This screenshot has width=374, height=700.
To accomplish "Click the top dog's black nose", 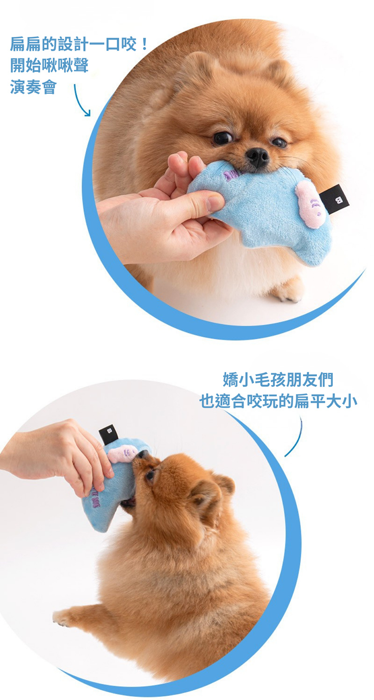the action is (257, 157).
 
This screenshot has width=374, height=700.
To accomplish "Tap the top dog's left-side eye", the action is (223, 138).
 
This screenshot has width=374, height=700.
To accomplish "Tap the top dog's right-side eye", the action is (279, 142).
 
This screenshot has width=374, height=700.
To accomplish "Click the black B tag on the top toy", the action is (336, 197).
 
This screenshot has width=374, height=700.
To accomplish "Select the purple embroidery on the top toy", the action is (231, 176).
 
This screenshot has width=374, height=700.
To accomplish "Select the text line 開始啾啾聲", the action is (50, 65).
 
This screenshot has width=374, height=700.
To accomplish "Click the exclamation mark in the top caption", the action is (144, 44).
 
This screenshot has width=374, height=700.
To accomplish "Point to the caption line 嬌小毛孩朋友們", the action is (278, 380).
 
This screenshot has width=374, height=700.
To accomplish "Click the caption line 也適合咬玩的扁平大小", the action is (278, 401).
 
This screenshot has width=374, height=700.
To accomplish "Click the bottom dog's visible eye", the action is (150, 475).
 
